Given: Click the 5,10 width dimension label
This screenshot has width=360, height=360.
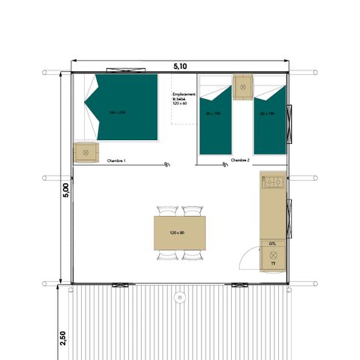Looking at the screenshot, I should click(x=180, y=66).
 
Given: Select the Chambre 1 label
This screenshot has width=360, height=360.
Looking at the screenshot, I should click(x=115, y=160).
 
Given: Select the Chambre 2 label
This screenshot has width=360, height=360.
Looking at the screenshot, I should click(x=240, y=160).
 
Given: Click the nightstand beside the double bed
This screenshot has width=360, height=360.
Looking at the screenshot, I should click(x=85, y=151).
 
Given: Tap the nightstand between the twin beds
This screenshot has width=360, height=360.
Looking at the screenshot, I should click(x=243, y=86).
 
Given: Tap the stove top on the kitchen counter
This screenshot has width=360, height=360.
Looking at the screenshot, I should click(x=272, y=181).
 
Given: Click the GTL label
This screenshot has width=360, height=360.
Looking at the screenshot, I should click(x=272, y=244).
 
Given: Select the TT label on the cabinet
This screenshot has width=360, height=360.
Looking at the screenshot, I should click(x=272, y=264).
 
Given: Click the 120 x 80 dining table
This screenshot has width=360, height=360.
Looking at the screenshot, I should click(x=180, y=232).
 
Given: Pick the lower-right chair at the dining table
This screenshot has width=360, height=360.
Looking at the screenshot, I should click(x=193, y=256).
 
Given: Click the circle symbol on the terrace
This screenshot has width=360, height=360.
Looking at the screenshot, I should click(x=180, y=297).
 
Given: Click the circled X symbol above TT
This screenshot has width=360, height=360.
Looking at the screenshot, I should click(x=272, y=254).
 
